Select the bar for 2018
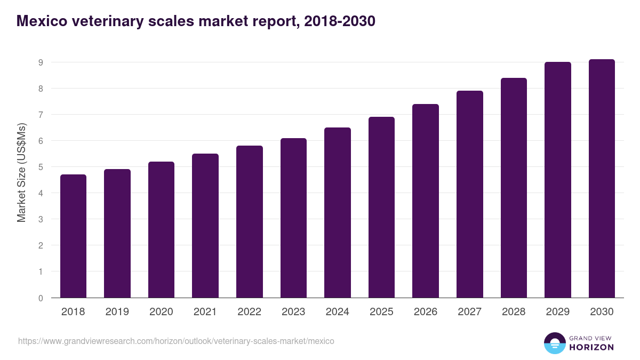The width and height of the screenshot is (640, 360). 73,236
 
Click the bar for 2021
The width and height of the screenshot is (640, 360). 205,226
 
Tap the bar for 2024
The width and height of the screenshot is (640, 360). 338,212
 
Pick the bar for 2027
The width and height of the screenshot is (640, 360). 470,194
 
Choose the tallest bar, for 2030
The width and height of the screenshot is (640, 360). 602,178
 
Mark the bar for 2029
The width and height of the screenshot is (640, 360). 558,180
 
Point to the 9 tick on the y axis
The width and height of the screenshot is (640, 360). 41,62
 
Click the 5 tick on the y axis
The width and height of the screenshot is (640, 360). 41,167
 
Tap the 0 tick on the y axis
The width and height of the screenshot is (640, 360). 41,298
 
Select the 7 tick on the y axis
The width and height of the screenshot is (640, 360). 41,115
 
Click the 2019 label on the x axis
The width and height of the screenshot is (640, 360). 117,312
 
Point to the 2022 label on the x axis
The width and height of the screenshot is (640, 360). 249,312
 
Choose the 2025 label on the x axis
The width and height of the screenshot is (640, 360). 381,312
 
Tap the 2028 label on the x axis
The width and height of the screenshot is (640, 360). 514,312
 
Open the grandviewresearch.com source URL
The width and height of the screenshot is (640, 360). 176,341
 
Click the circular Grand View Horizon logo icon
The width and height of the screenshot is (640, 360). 555,343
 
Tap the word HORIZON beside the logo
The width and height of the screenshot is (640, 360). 591,347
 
